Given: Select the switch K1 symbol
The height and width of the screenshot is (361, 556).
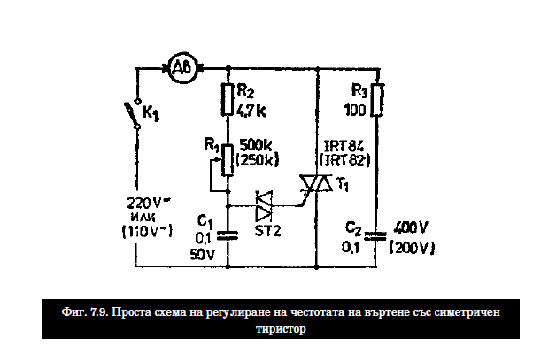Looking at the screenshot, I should pyautogui.click(x=135, y=114).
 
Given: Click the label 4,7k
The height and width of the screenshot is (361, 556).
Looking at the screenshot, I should pyautogui.click(x=251, y=110).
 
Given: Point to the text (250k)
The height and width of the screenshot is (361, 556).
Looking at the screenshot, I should pyautogui.click(x=259, y=159).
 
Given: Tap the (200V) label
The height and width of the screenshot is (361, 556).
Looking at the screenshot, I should pyautogui.click(x=411, y=249).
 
